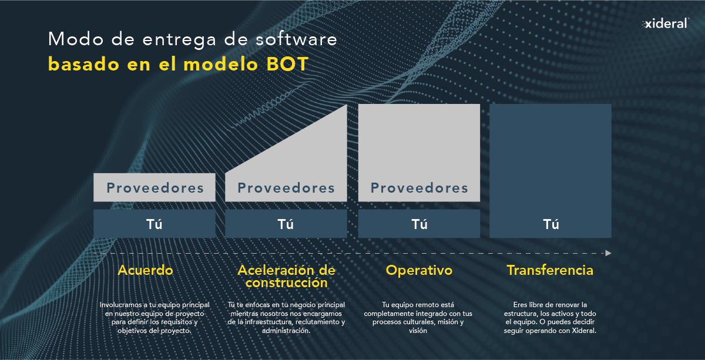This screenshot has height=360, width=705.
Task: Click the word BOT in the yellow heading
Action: (287, 64)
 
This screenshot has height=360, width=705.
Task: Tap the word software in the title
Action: (296, 39)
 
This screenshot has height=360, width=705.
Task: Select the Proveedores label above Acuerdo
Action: (155, 188)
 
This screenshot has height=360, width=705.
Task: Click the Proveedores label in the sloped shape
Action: (286, 188)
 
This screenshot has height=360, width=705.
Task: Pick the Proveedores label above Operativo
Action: (419, 188)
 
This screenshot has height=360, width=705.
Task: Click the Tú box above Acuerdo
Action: (155, 224)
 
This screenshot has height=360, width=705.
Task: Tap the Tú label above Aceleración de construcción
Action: (286, 224)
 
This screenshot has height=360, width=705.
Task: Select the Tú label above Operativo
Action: (419, 224)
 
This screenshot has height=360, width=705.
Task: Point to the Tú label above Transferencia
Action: (551, 224)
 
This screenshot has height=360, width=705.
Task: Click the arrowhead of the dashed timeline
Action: (608, 253)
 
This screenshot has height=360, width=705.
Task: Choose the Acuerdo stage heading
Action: (146, 270)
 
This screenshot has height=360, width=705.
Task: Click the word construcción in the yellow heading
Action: (287, 283)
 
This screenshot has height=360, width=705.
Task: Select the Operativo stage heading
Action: (419, 271)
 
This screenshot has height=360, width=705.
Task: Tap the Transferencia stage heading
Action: (550, 270)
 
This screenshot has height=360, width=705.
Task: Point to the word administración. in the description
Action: (286, 331)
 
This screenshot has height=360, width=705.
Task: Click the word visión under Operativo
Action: (418, 331)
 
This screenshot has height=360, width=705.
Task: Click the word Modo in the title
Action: (76, 39)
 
